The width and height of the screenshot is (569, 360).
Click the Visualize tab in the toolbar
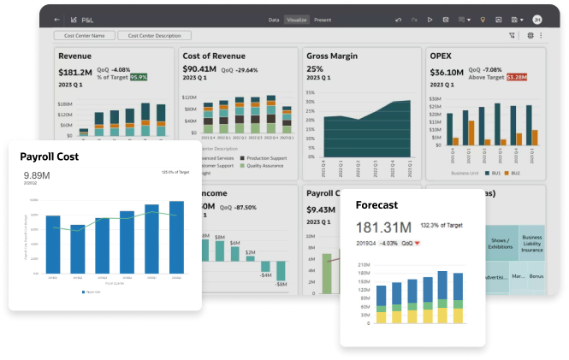[296, 19]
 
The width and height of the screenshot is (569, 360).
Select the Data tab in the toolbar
[274, 19]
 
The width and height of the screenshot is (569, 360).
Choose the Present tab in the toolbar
[323, 19]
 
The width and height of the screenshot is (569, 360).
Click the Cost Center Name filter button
[85, 36]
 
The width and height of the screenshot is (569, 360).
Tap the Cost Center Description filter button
[155, 36]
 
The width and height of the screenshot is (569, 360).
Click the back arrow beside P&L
[57, 19]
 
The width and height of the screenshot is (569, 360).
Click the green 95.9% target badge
[138, 77]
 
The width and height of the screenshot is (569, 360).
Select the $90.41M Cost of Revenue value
[199, 70]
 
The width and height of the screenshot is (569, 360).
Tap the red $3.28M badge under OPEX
[517, 77]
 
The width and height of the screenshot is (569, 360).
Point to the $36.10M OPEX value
[446, 72]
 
